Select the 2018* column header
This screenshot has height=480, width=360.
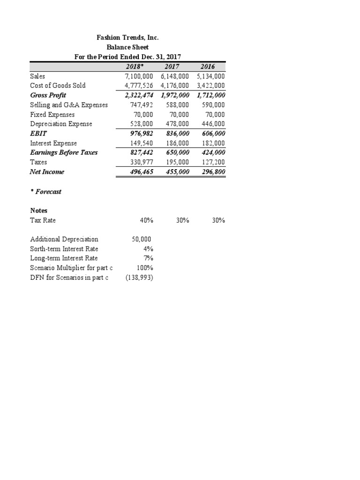coord(136,67)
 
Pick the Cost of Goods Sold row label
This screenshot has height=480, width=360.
coord(58,86)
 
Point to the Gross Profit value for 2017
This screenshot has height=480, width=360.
coord(172,95)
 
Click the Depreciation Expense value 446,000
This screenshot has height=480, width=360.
coord(211,124)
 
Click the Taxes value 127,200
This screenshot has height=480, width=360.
coord(211,162)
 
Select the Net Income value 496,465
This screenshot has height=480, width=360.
coord(140,172)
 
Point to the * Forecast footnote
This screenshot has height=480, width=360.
coord(45,192)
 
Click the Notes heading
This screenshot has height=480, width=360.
coord(38,210)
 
